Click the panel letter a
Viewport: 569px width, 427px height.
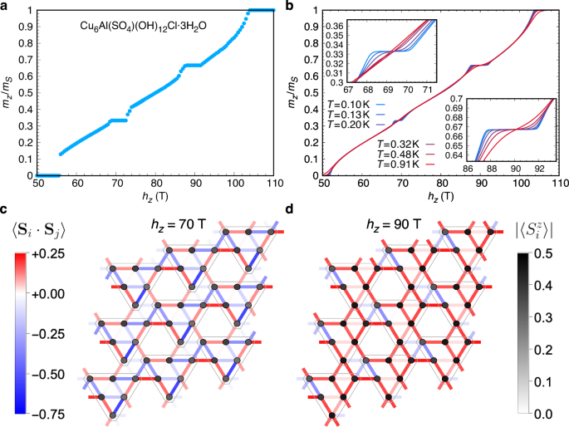pos(7,7)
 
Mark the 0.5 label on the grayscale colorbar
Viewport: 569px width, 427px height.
pos(542,255)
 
